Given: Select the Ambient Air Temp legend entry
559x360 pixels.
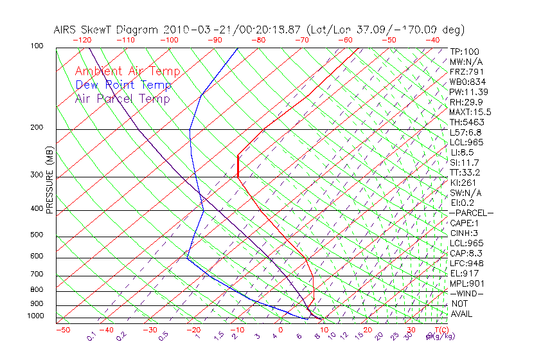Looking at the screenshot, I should coord(128,72).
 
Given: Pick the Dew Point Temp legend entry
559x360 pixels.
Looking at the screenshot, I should coord(123,85).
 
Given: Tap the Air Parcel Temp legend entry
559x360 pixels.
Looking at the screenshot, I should coord(123,99).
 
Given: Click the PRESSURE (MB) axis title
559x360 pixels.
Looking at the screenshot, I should coord(49,181).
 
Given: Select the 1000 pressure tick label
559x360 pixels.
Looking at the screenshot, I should coord(36,316).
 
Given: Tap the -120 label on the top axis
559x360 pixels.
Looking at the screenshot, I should coord(82,40).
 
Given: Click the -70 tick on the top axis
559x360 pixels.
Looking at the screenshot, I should coord(301,40).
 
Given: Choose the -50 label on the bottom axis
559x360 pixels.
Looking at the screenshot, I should coord(62,330).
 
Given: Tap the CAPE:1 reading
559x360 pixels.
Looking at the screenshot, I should coord(465,223).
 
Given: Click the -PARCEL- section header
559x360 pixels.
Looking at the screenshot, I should coord(472,213).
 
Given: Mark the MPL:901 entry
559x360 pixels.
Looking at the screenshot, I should coord(466,283).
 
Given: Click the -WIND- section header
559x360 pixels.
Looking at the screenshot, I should coord(467,294).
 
